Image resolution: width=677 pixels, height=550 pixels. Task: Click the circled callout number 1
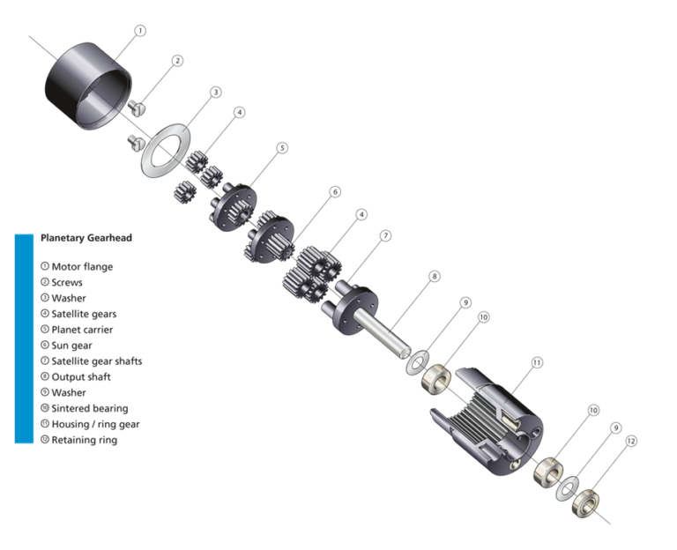[139, 30]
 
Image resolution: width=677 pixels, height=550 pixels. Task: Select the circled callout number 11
[537, 362]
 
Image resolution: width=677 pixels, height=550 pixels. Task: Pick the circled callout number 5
[282, 148]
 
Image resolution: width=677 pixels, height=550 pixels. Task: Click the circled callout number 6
[335, 191]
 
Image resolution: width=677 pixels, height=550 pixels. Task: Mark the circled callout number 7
[385, 235]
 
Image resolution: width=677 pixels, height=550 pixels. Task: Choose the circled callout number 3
[215, 92]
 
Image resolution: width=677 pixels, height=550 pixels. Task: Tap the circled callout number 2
[177, 61]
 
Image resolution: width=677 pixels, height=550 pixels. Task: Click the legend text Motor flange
[82, 266]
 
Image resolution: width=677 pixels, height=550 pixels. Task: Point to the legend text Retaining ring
[84, 440]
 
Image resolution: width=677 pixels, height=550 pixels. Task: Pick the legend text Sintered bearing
[89, 408]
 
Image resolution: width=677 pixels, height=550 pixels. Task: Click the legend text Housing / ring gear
[95, 424]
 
